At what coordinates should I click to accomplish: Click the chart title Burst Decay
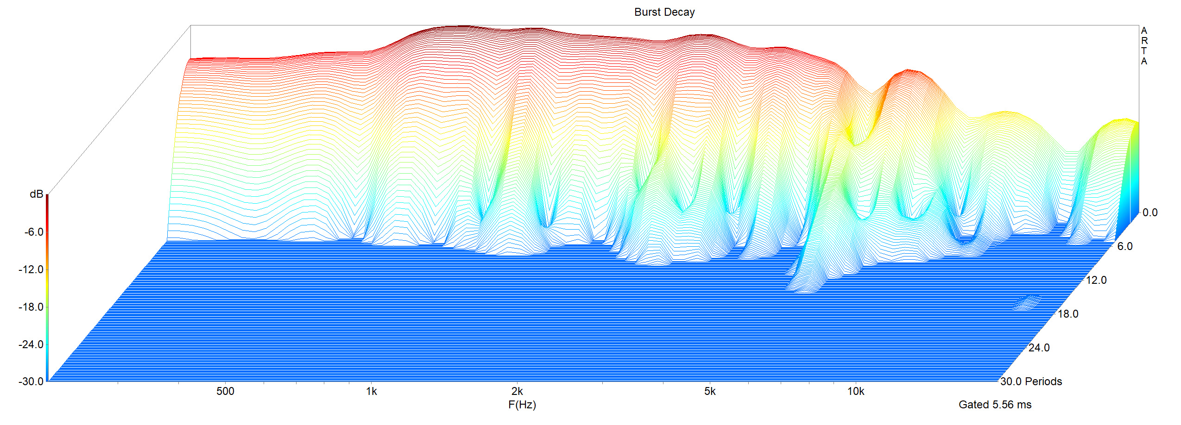pyautogui.click(x=664, y=12)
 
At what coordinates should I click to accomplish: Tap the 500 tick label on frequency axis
pyautogui.click(x=225, y=391)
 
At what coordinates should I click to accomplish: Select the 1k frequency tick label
pyautogui.click(x=371, y=391)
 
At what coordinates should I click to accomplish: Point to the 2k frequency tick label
pyautogui.click(x=517, y=391)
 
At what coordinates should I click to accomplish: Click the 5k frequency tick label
pyautogui.click(x=710, y=391)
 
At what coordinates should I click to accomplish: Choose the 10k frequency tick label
pyautogui.click(x=856, y=391)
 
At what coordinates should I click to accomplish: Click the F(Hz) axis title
pyautogui.click(x=522, y=405)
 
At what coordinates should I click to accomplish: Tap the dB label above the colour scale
pyautogui.click(x=36, y=194)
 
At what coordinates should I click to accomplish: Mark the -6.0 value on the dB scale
pyautogui.click(x=34, y=232)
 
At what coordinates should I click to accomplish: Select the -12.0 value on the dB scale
pyautogui.click(x=31, y=269)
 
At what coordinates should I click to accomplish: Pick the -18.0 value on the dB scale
pyautogui.click(x=31, y=307)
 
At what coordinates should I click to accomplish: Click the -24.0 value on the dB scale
pyautogui.click(x=31, y=344)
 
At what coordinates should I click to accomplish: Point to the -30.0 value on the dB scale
pyautogui.click(x=31, y=381)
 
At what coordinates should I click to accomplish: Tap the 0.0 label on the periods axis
pyautogui.click(x=1149, y=212)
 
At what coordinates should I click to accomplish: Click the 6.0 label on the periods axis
pyautogui.click(x=1124, y=246)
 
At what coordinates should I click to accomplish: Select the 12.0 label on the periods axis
pyautogui.click(x=1096, y=280)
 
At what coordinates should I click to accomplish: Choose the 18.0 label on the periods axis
pyautogui.click(x=1068, y=314)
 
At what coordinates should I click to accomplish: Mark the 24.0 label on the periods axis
pyautogui.click(x=1039, y=348)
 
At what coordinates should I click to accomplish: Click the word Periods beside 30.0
pyautogui.click(x=1043, y=381)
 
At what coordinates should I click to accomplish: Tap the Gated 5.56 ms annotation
pyautogui.click(x=995, y=405)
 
